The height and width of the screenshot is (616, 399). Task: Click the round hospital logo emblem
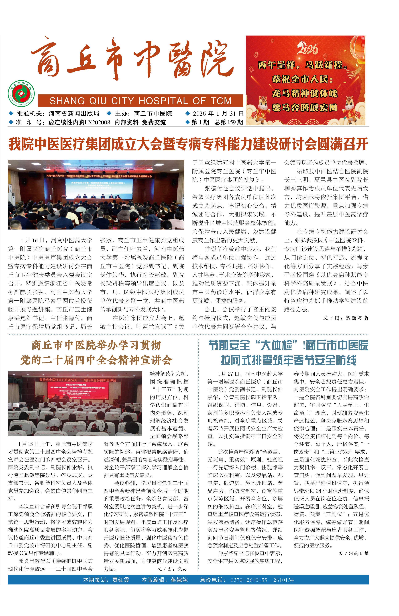pos(21,94)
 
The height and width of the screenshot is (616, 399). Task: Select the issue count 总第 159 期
pos(229,122)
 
